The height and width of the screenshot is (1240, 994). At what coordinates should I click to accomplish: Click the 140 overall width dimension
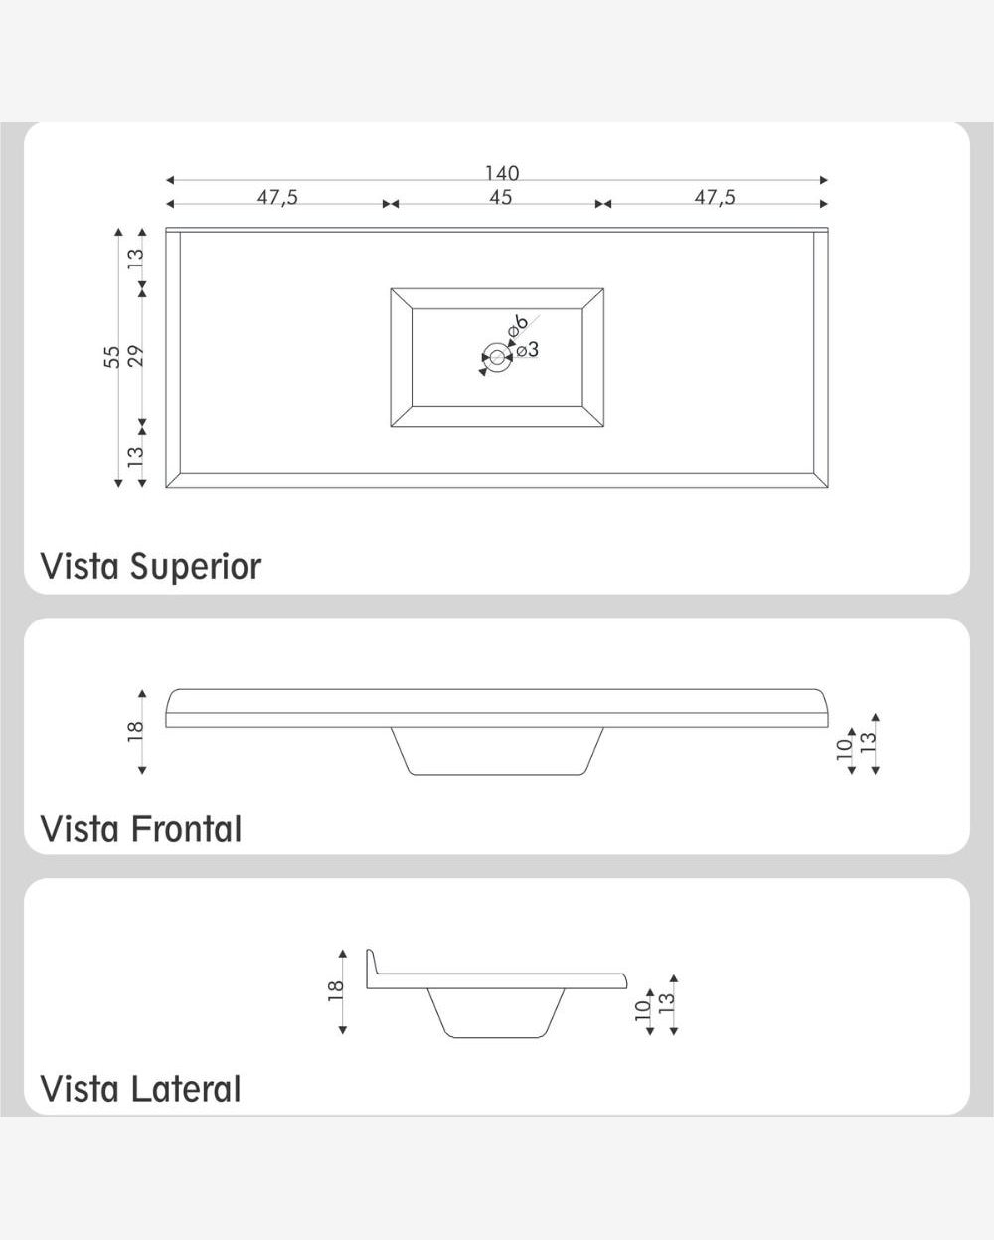(x=502, y=172)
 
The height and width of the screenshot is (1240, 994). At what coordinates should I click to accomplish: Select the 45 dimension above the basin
(x=500, y=197)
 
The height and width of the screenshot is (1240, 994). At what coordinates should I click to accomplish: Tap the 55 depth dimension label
(x=112, y=357)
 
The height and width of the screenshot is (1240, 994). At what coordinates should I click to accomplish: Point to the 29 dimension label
(x=135, y=357)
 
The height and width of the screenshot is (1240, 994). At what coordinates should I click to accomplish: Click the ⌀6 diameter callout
(x=518, y=326)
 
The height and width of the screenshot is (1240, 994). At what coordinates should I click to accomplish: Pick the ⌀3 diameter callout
(x=528, y=349)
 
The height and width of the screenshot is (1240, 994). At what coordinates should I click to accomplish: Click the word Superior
(x=196, y=567)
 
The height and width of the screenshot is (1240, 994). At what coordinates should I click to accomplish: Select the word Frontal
(x=187, y=828)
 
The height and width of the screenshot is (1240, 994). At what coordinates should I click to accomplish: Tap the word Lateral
(x=186, y=1089)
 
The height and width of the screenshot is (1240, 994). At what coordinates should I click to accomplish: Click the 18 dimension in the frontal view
(x=135, y=731)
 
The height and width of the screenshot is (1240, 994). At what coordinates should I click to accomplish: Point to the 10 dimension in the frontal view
(x=844, y=748)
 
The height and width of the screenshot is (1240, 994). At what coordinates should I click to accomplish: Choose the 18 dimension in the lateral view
(x=335, y=990)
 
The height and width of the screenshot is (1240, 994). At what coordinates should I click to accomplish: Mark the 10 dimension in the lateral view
(x=643, y=1010)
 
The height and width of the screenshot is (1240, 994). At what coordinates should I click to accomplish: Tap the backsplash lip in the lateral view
(x=371, y=968)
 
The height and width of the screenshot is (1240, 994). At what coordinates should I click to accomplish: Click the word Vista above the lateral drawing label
(x=80, y=1089)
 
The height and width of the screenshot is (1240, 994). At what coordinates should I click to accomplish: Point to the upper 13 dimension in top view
(x=135, y=259)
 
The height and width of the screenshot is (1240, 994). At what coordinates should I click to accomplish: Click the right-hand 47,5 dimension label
(x=715, y=197)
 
